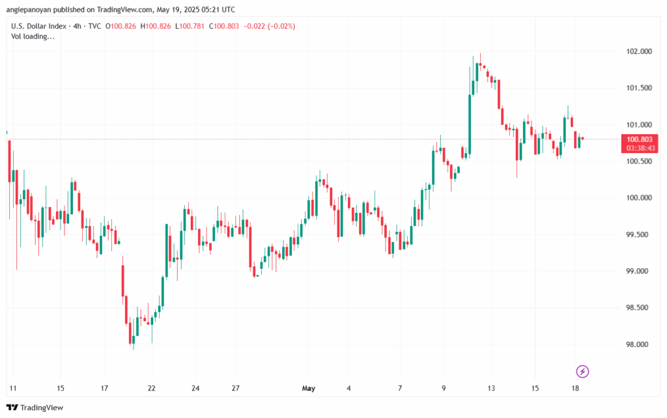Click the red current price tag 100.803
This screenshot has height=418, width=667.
coord(640,139)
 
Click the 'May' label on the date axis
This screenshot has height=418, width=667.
coord(309,389)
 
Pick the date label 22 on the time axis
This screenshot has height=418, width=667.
coord(151,389)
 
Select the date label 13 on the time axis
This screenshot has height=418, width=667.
coord(491,389)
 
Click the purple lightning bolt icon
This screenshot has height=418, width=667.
coord(583,371)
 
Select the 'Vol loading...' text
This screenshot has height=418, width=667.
coord(33,36)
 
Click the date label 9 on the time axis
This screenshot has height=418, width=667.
coord(444,389)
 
